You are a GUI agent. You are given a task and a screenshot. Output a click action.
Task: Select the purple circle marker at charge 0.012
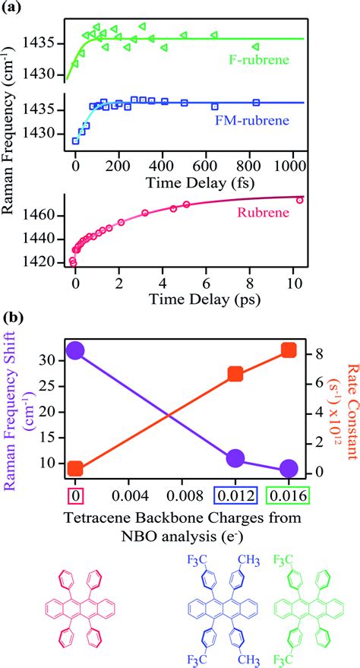click(x=235, y=458)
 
